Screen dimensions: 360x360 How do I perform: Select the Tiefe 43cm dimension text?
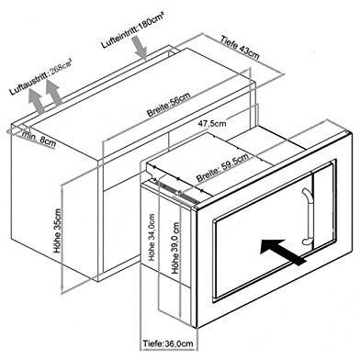click(x=240, y=48)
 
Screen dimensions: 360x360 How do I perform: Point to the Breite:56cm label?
click(x=169, y=104)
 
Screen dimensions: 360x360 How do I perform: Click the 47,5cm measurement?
click(x=212, y=123)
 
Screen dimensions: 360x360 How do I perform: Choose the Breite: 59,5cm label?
click(x=222, y=167)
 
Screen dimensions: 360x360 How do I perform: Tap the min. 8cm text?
click(x=39, y=140)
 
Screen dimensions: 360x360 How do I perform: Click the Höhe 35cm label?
click(x=58, y=231)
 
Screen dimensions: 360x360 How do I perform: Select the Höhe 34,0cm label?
click(x=152, y=237)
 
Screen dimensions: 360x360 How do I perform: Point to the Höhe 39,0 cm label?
click(x=175, y=248)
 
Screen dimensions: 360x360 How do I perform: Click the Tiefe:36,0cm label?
click(x=168, y=343)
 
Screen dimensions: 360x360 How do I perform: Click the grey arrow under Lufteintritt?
click(x=141, y=48)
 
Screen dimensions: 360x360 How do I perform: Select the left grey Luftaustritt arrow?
click(x=36, y=102)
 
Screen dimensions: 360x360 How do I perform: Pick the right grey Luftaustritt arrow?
click(x=53, y=93)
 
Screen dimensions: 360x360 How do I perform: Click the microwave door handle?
click(x=307, y=217)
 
